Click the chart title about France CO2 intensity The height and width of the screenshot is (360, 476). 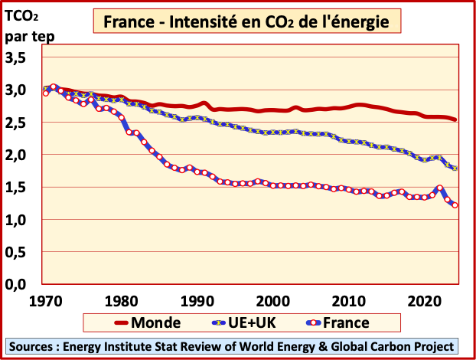pyautogui.click(x=246, y=22)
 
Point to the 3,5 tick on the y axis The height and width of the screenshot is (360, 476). pyautogui.click(x=16, y=57)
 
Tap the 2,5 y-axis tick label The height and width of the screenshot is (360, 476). pyautogui.click(x=16, y=123)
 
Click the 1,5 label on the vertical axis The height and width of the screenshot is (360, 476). pyautogui.click(x=16, y=188)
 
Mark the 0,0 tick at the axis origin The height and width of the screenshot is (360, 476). pyautogui.click(x=16, y=285)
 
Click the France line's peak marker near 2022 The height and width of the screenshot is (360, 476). pyautogui.click(x=440, y=188)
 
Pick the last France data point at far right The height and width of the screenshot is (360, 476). pyautogui.click(x=455, y=205)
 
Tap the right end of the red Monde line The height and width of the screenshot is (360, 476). pyautogui.click(x=455, y=119)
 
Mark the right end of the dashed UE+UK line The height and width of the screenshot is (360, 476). pyautogui.click(x=455, y=169)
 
